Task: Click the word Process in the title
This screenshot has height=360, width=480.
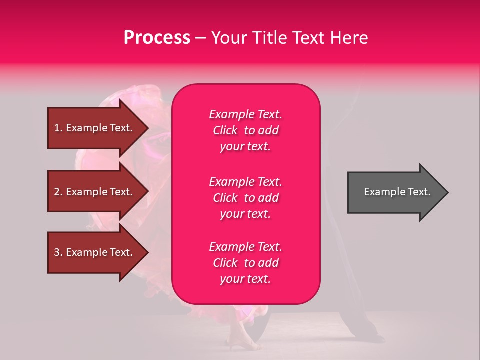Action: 157,38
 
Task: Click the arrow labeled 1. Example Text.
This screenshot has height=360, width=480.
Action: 98,128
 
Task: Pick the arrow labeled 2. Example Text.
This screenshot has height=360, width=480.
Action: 98,191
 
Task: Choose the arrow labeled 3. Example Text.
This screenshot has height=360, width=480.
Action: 98,252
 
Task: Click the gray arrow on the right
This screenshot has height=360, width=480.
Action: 398,192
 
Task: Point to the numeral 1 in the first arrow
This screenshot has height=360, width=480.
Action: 57,128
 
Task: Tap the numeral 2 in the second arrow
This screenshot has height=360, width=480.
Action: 57,192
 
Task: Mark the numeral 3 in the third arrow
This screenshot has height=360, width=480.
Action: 57,252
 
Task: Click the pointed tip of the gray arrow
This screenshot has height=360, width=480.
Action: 449,192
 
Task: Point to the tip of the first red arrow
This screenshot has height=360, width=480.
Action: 149,128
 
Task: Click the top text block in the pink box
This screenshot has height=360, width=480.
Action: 246,130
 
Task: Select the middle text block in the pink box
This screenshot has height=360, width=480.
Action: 246,198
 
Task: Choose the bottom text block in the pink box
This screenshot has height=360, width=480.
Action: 246,263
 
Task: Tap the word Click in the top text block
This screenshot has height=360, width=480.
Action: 225,130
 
